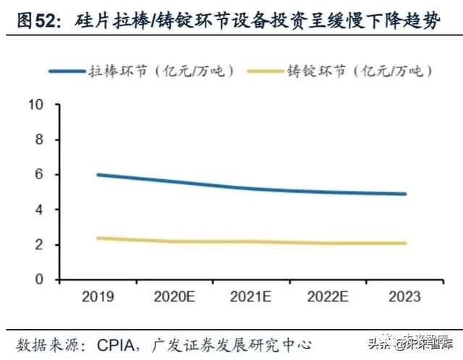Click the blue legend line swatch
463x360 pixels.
pos(67,71)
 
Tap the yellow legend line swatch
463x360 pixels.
pos(263,71)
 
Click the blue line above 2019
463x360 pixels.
pos(97,175)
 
